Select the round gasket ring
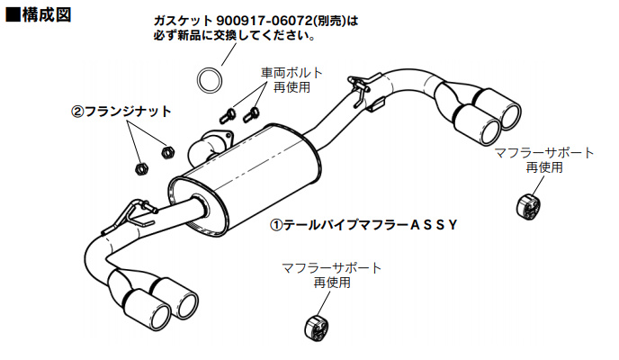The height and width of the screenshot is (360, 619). tap(210, 78)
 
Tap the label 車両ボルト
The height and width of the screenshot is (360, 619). tap(292, 72)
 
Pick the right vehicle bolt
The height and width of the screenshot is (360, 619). tap(252, 112)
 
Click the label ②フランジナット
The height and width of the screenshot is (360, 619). tap(121, 112)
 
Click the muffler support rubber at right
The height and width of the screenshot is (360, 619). tap(527, 204)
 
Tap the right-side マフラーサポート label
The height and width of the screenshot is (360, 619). tap(544, 152)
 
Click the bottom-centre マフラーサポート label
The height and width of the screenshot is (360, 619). tap(331, 267)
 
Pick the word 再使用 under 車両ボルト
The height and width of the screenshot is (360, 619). tap(292, 87)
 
